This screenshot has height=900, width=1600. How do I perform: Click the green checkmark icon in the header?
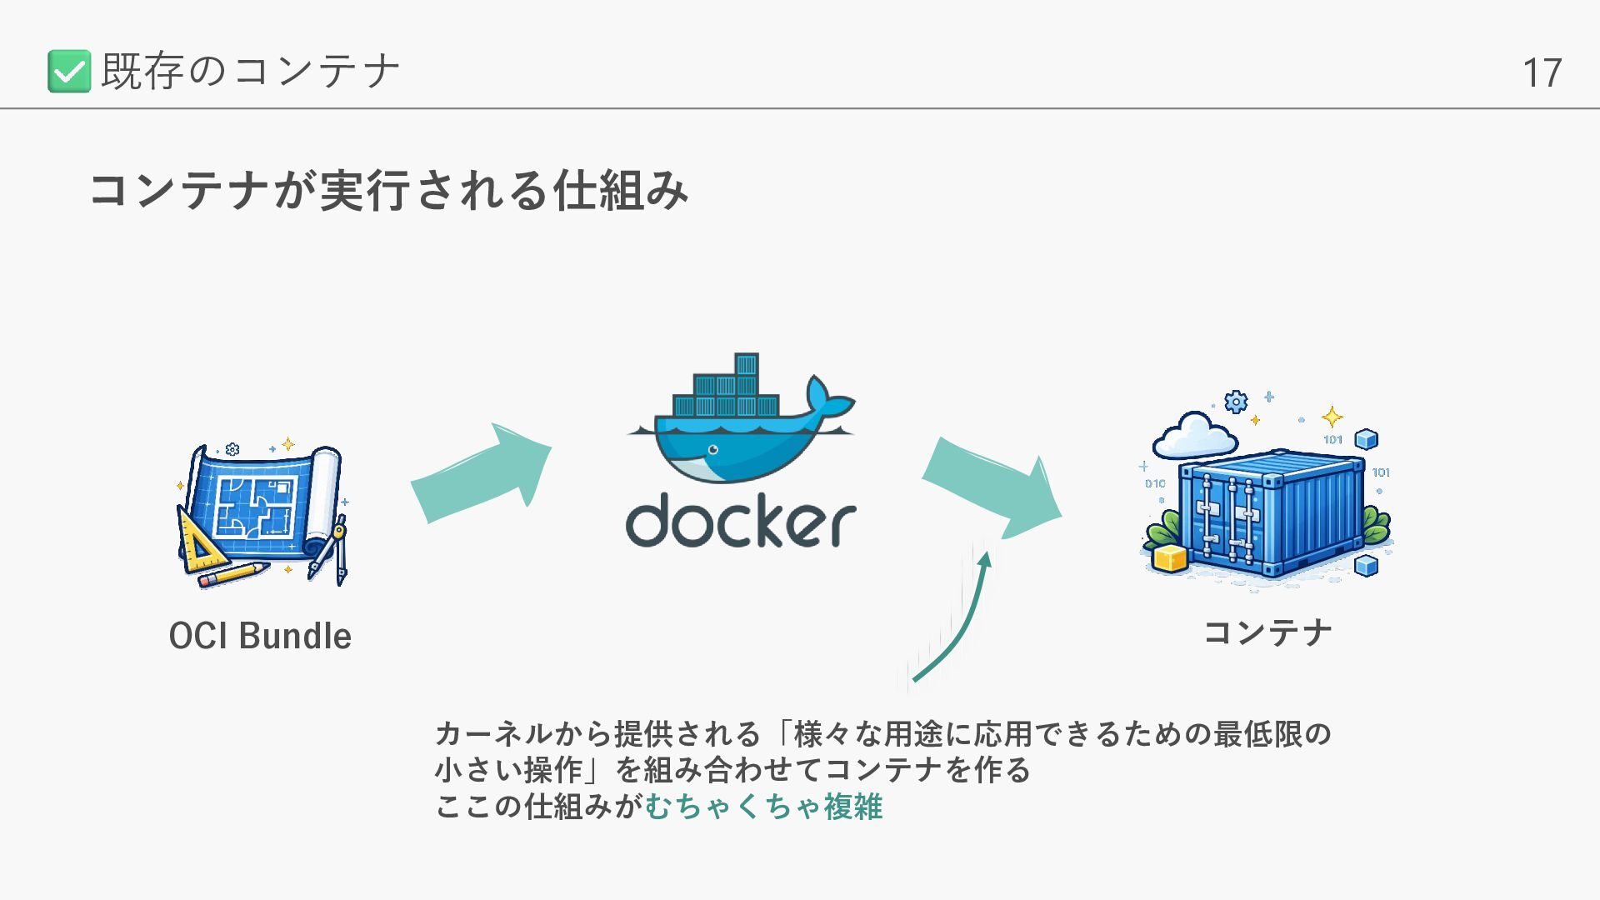pyautogui.click(x=69, y=71)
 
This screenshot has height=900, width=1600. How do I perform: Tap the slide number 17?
pyautogui.click(x=1542, y=73)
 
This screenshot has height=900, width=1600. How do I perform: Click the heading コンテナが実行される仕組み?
pyautogui.click(x=389, y=190)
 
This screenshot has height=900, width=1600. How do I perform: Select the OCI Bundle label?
pyautogui.click(x=260, y=636)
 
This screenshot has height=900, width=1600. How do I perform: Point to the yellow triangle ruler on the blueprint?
pyautogui.click(x=198, y=542)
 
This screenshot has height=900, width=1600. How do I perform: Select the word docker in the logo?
pyautogui.click(x=741, y=522)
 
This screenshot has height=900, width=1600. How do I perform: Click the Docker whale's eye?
pyautogui.click(x=712, y=450)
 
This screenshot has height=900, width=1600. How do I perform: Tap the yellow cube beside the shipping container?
pyautogui.click(x=1171, y=557)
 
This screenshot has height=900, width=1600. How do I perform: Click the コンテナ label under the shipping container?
pyautogui.click(x=1267, y=632)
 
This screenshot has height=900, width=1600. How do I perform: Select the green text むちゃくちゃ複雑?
pyautogui.click(x=763, y=807)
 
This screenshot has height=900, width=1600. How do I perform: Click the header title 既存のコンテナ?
pyautogui.click(x=250, y=71)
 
